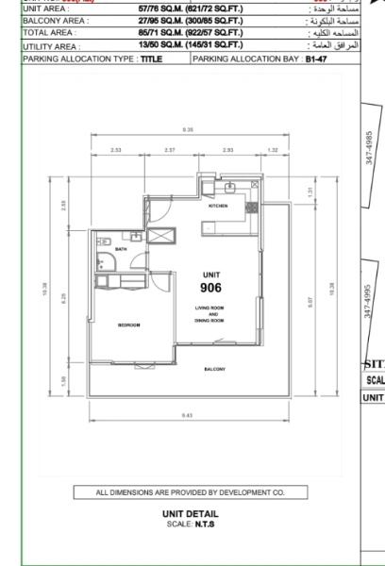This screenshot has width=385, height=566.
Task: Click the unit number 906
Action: pos(210,288)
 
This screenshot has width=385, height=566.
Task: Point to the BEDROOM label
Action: pos(128,325)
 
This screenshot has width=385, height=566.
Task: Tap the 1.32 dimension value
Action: pos(273,150)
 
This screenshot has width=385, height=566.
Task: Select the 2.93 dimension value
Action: pos(227,150)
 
